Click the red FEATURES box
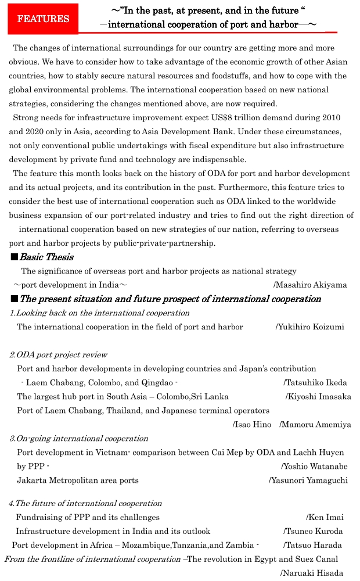[x=43, y=19]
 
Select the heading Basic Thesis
[x=46, y=257]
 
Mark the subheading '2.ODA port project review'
[x=58, y=354]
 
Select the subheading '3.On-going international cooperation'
[x=78, y=438]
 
